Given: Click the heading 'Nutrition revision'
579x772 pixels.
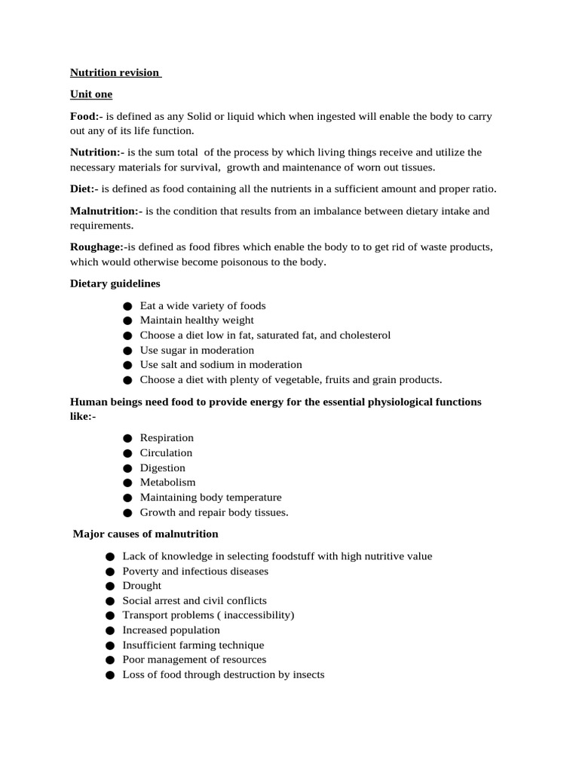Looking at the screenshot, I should pyautogui.click(x=115, y=72).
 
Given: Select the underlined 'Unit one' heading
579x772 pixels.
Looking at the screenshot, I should pyautogui.click(x=91, y=94).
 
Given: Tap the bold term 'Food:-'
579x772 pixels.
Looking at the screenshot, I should pyautogui.click(x=86, y=116).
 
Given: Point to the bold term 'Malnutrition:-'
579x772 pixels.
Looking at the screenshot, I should pyautogui.click(x=106, y=211).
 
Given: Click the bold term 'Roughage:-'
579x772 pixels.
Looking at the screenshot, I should pyautogui.click(x=97, y=247).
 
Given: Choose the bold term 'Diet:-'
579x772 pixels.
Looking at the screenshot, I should pyautogui.click(x=84, y=188).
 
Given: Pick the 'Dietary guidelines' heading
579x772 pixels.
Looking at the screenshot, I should pyautogui.click(x=115, y=283).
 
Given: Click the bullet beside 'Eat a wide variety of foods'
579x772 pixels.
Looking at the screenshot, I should pyautogui.click(x=127, y=306).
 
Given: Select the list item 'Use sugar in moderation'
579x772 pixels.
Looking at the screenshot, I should pyautogui.click(x=197, y=351).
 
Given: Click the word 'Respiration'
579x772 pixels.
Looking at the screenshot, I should pyautogui.click(x=167, y=438).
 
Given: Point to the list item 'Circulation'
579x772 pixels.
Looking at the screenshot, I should pyautogui.click(x=166, y=453).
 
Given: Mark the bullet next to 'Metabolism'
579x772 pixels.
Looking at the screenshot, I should pyautogui.click(x=127, y=482).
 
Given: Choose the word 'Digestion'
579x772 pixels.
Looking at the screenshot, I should pyautogui.click(x=162, y=468).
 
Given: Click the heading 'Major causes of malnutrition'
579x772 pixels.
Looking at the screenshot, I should pyautogui.click(x=146, y=534).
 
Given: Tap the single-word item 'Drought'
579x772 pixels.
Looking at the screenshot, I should pyautogui.click(x=142, y=586).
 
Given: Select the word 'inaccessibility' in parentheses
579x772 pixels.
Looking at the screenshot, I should pyautogui.click(x=256, y=615).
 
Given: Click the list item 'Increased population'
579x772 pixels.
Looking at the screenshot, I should pyautogui.click(x=171, y=630).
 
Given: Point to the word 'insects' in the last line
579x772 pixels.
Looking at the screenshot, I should pyautogui.click(x=308, y=675).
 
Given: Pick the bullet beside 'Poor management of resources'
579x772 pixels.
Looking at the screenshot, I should pyautogui.click(x=109, y=660).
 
